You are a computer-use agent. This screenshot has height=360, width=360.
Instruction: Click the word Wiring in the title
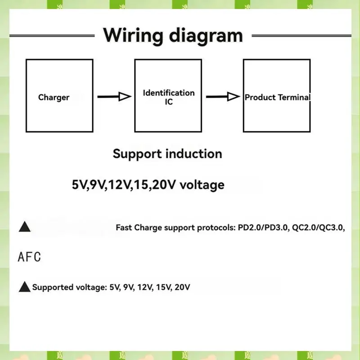130,36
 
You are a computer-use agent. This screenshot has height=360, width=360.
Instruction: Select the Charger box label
54,97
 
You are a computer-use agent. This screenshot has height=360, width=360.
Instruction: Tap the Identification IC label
169,97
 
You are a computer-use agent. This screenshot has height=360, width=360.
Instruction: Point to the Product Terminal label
277,97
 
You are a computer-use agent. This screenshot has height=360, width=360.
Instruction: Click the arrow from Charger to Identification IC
114,96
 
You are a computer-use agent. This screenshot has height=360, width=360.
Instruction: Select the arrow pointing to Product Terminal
223,96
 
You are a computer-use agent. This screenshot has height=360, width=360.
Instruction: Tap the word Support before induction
138,154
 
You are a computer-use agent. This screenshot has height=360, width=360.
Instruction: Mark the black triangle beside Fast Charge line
24,227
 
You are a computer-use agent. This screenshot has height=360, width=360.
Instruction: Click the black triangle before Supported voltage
24,287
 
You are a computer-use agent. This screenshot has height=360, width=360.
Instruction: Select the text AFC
29,257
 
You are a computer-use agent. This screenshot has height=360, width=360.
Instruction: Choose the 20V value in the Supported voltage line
182,287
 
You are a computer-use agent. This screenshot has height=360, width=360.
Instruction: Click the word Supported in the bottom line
51,287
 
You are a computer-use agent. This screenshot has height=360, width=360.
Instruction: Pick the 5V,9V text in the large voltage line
88,184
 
